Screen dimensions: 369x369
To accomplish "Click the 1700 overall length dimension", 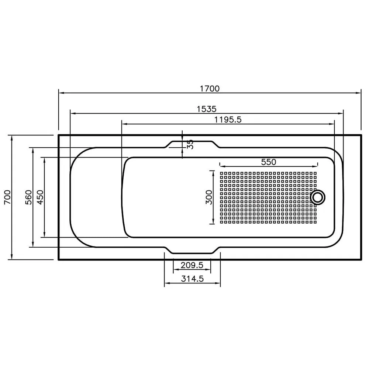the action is pos(210,89).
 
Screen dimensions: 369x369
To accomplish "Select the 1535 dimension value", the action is pos(207,109).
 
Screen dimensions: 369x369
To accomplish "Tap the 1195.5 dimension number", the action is pos(228,120).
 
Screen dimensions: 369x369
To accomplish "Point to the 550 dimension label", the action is pos(269,162).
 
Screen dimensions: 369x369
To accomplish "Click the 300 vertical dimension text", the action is pos(209,197).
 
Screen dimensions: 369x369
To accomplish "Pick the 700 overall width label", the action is pos(7,197).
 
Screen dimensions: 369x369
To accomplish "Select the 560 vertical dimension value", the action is pos(28,197).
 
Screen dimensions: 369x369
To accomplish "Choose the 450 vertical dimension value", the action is pos(40,197).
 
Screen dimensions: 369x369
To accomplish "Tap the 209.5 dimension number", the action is pos(192,265).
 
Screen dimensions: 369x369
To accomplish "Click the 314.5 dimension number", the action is pos(192,279).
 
